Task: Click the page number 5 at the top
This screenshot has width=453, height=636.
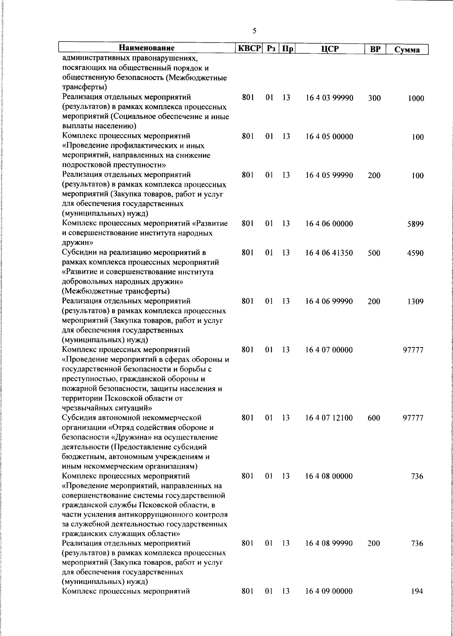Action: tap(254, 31)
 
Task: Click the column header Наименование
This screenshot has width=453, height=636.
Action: tap(147, 48)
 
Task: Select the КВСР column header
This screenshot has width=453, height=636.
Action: tap(249, 49)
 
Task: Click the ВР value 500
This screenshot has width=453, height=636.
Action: tap(374, 253)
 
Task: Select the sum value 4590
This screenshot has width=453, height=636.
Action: tap(415, 253)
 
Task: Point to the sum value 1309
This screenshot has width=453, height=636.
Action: tap(415, 301)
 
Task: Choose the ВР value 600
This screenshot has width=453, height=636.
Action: tap(374, 418)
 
